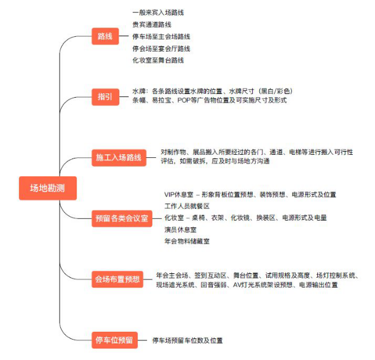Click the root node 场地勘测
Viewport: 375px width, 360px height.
pos(48,188)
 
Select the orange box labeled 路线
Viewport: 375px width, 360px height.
pos(105,36)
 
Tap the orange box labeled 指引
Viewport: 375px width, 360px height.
pos(105,97)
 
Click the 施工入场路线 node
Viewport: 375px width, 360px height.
pos(119,157)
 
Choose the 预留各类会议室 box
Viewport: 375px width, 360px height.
pos(122,218)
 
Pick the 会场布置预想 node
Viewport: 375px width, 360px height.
pos(117,279)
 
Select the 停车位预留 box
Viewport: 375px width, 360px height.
pos(114,340)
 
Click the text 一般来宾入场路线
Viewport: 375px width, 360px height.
pos(158,12)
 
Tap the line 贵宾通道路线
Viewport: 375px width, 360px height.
pos(152,25)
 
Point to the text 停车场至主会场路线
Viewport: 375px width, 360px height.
pos(161,37)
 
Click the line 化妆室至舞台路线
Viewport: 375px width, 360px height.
pos(158,60)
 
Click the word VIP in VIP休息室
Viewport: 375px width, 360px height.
pos(169,195)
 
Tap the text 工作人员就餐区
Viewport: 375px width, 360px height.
pos(187,206)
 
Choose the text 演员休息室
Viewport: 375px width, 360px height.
pos(181,230)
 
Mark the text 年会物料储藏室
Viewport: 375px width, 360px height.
pos(187,241)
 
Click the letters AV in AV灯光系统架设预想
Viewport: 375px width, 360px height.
pos(237,285)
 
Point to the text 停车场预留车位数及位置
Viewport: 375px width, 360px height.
pos(187,340)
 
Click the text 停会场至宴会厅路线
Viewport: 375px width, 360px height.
pos(161,49)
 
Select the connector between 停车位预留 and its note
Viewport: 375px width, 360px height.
pos(142,340)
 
